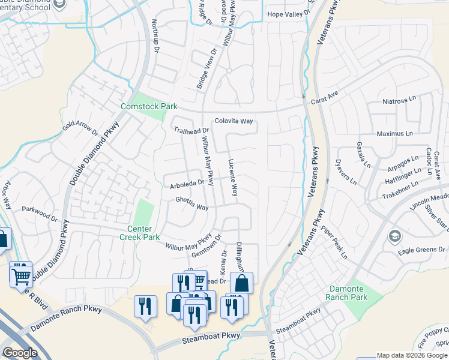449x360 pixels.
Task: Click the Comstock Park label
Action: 148,106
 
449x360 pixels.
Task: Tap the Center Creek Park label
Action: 143,233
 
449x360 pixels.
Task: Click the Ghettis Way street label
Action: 191,203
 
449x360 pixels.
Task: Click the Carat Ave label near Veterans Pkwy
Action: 325,98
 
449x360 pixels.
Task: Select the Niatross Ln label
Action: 399,101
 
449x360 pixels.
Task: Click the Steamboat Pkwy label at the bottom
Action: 211,340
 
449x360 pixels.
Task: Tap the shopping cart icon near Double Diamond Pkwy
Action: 21,277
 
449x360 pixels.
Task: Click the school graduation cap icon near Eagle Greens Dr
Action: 394,235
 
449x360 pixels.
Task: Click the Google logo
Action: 20,353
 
